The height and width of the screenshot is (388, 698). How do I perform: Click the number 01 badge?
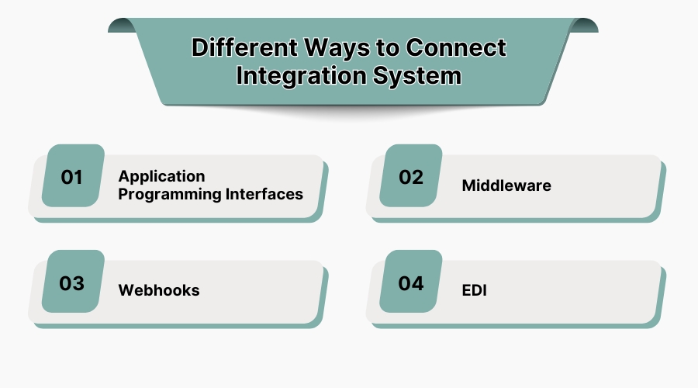click(72, 177)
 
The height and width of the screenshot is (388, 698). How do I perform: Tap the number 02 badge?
click(411, 177)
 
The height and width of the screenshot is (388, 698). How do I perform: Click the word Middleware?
click(506, 185)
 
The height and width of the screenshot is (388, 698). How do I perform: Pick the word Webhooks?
click(159, 290)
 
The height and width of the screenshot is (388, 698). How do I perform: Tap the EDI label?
click(475, 290)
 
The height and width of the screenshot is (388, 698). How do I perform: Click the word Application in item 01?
click(161, 176)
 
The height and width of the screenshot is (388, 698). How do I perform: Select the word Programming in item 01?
click(165, 194)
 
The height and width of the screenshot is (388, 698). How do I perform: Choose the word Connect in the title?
click(456, 48)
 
